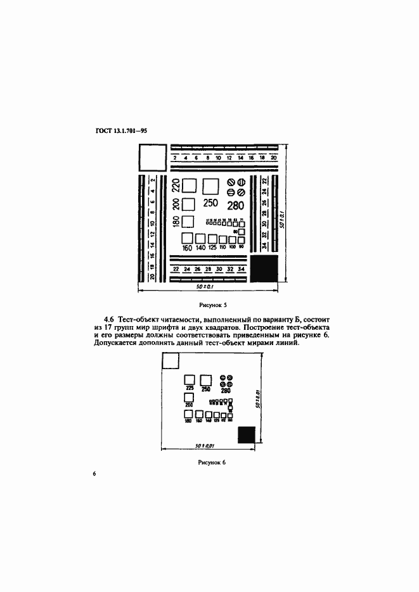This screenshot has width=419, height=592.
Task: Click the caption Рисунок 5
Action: (x=209, y=304)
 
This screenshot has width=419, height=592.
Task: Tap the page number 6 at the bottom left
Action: (x=94, y=474)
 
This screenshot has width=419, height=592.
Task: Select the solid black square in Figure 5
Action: (x=264, y=268)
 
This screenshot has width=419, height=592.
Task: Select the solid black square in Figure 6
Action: (x=246, y=436)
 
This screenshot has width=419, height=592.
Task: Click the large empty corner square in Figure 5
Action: (x=151, y=156)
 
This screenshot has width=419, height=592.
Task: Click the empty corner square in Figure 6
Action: (x=171, y=361)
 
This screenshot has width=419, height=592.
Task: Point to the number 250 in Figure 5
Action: (x=210, y=203)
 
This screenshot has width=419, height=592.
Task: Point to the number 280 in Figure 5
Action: (x=235, y=205)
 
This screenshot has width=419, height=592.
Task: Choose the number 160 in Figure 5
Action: (x=187, y=248)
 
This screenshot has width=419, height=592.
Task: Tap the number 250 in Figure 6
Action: (x=205, y=389)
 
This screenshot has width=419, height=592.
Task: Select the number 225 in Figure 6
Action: (x=189, y=389)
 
